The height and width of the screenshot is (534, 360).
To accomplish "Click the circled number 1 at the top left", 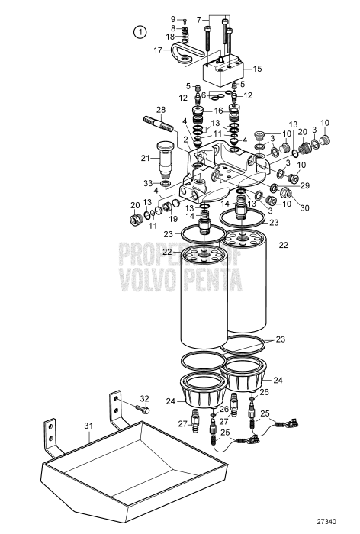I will pos(139,31).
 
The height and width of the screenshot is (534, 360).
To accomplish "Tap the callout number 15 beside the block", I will pos(257,69).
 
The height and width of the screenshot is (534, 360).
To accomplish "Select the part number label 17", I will pos(158,51).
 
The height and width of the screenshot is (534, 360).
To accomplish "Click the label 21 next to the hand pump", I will pos(146,158).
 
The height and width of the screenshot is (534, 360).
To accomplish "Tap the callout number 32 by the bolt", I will pos(145,397).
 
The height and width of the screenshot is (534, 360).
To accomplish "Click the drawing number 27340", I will pos(327,521).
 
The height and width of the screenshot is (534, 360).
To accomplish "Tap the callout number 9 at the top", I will pos(172,18).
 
